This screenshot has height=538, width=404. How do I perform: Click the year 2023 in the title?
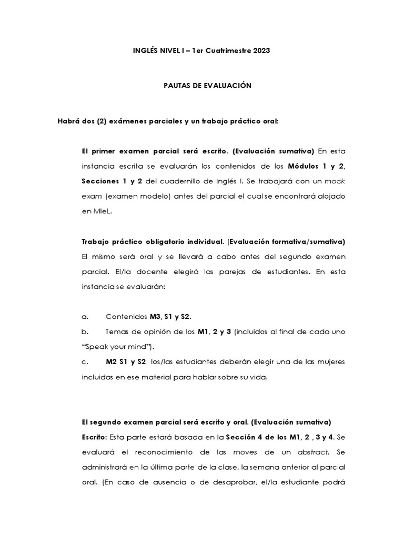coord(262,50)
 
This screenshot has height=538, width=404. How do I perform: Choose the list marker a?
coord(84,317)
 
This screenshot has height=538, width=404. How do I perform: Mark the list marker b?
coord(84,332)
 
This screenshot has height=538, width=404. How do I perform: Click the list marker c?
coord(84,361)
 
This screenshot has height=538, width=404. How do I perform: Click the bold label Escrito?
coord(93,437)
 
